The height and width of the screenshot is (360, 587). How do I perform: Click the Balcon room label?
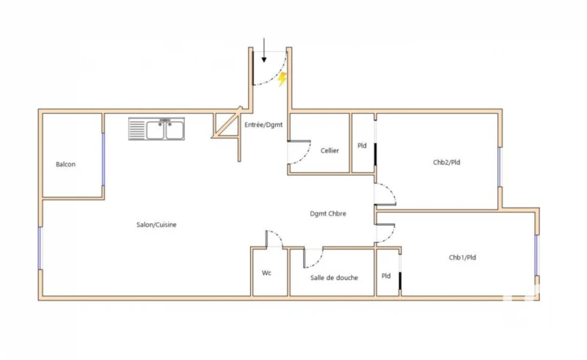click(x=65, y=164)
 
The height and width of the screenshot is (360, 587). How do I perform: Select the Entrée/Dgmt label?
click(x=263, y=125)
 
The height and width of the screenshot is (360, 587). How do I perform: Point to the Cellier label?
click(x=329, y=150)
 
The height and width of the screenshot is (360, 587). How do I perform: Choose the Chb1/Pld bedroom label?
click(x=463, y=257)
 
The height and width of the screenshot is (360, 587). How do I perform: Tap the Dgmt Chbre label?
click(x=328, y=213)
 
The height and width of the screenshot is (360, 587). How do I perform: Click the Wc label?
click(x=267, y=273)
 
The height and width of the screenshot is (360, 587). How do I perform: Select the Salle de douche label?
click(x=334, y=277)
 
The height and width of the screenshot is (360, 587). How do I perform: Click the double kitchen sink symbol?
click(x=158, y=130)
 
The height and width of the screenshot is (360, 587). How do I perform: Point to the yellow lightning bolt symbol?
click(x=282, y=79)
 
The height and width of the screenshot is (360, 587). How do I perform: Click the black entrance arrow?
click(x=264, y=48)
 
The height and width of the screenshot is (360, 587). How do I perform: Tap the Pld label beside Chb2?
click(x=362, y=145)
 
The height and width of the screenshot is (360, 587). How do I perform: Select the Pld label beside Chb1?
click(x=386, y=276)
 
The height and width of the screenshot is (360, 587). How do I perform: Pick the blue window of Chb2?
click(x=499, y=168)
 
